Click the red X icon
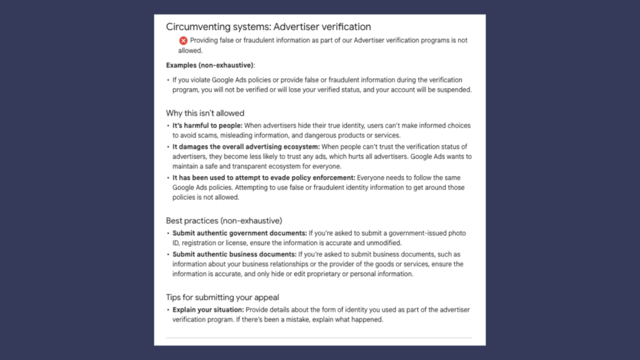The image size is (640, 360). [x=183, y=41]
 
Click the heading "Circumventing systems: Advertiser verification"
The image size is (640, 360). [x=268, y=27]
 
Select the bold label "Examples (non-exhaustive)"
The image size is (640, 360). [x=210, y=65]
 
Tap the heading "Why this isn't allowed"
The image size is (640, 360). [x=205, y=113]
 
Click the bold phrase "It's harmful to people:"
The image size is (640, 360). [x=207, y=126]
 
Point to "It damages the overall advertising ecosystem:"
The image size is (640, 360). [x=246, y=146]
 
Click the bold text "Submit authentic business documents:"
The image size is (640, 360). [x=234, y=254]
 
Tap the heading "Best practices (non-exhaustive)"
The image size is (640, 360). [x=224, y=221]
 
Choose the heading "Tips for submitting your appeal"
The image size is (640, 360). [x=222, y=297]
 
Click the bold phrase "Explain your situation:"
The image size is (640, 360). [x=207, y=310]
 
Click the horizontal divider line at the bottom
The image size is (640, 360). [x=319, y=337]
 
